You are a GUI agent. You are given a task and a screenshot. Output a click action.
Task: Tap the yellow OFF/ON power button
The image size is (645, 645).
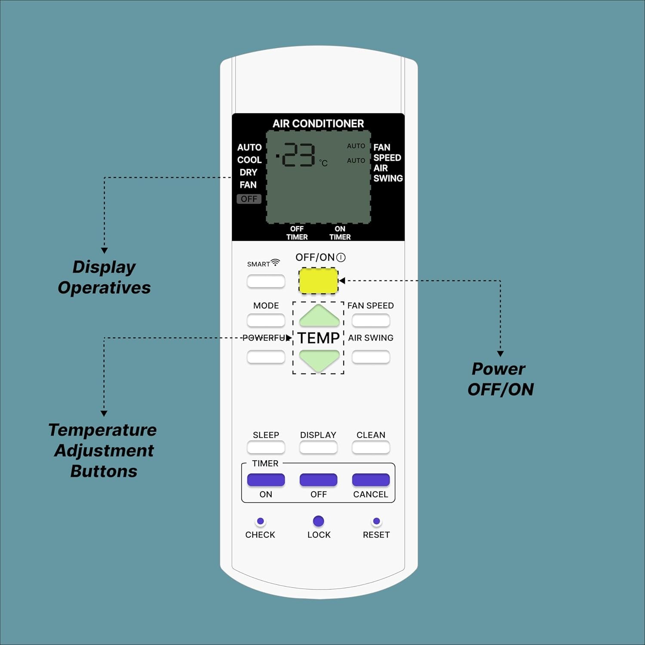[x=318, y=281]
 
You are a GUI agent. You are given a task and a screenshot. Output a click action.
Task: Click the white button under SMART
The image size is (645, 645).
[x=266, y=281]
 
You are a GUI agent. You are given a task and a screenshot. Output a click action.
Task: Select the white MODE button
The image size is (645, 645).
[x=266, y=320]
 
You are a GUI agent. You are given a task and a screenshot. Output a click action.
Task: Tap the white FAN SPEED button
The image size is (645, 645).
[x=371, y=320]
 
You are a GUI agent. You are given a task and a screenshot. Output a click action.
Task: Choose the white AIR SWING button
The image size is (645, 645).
[x=371, y=356]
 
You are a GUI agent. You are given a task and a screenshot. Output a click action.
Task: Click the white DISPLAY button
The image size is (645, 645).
[x=318, y=447]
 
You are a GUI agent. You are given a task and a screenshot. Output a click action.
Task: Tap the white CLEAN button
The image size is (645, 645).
[x=371, y=447]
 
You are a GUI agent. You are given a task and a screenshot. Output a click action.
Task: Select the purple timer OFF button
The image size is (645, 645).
[x=318, y=479]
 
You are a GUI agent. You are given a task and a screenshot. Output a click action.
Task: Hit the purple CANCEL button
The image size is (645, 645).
[x=371, y=479]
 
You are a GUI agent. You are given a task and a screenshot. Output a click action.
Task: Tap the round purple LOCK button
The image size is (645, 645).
[x=318, y=521]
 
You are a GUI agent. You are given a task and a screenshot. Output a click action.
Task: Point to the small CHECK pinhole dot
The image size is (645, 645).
[x=260, y=521]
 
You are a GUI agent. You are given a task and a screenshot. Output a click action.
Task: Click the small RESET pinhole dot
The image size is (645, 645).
[x=376, y=521]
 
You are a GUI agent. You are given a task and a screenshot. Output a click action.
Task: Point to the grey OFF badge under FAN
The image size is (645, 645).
[x=249, y=199]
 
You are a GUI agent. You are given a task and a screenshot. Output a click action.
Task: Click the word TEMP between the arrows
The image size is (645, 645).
[x=318, y=338]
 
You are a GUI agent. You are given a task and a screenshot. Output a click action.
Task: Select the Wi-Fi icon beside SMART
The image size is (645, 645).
[x=275, y=262]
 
